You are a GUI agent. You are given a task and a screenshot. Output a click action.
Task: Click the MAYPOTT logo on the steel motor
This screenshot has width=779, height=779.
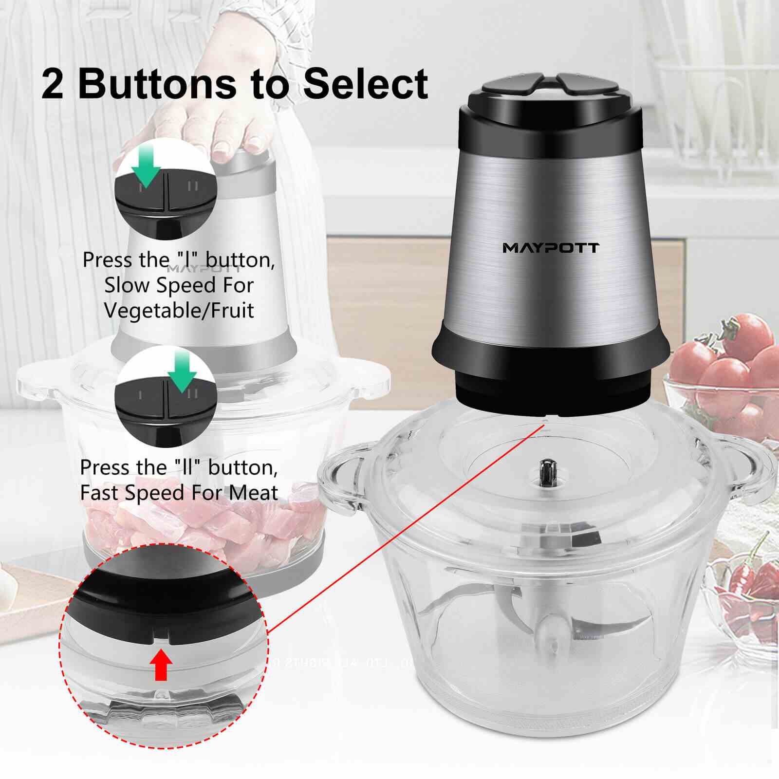551,248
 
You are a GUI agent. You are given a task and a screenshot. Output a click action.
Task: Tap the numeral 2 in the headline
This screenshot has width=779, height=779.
53,84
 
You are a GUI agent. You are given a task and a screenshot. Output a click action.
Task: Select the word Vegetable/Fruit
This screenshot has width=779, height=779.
179,310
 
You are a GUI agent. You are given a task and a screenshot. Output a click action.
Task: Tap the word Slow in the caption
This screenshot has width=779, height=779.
128,285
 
